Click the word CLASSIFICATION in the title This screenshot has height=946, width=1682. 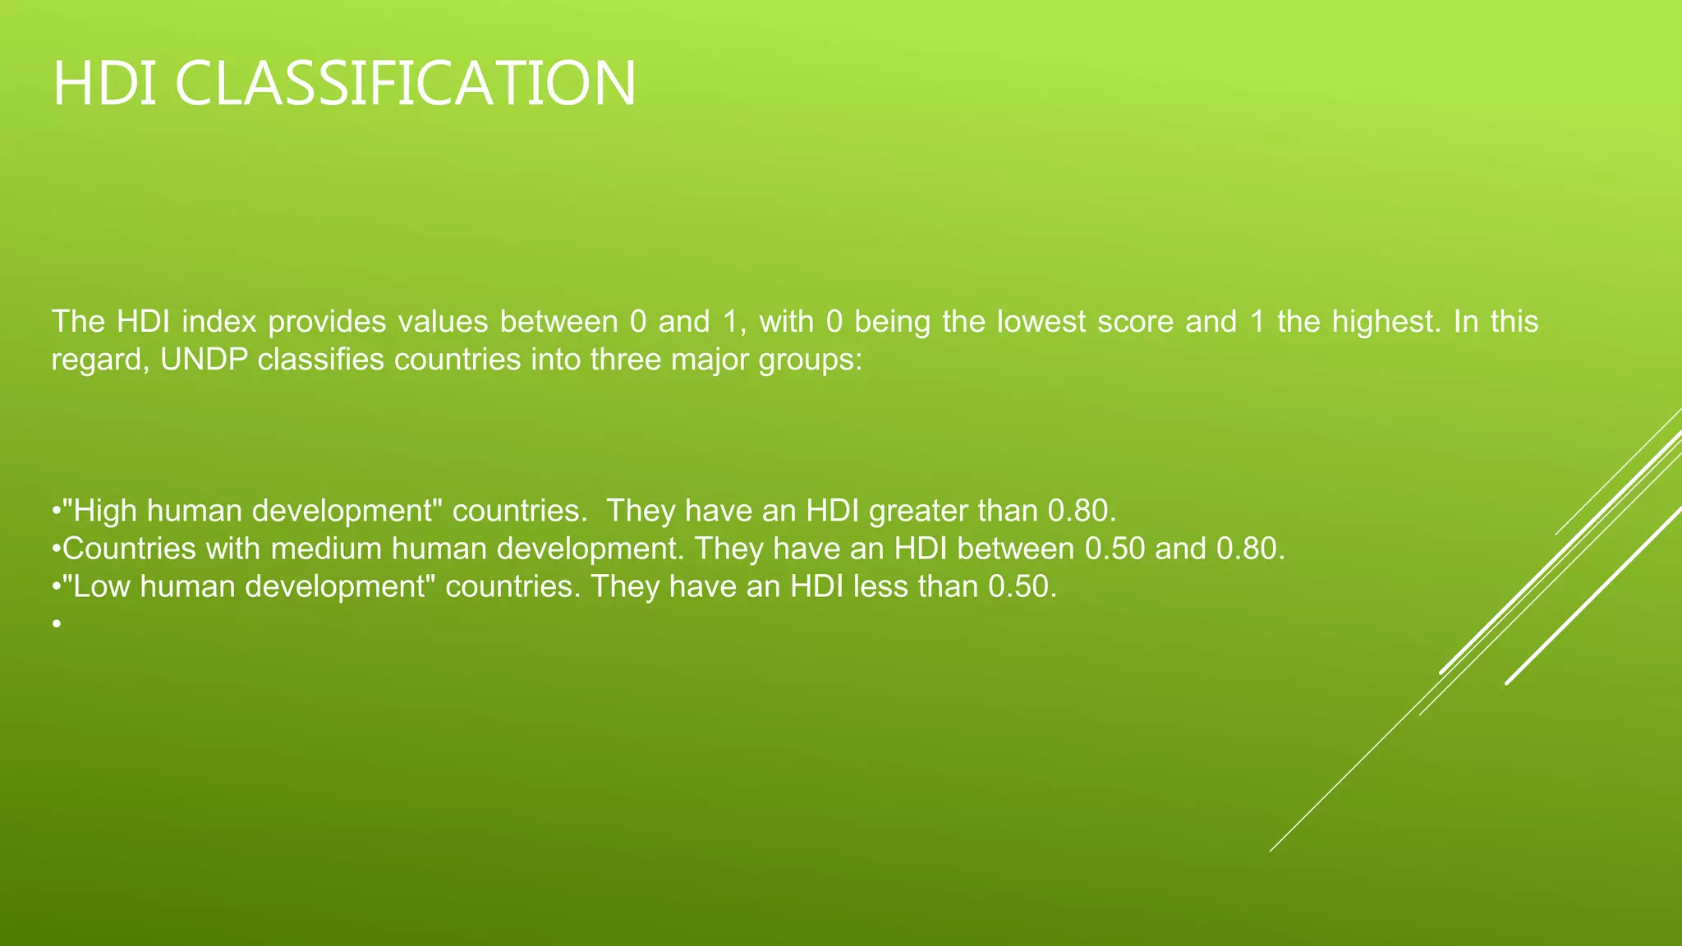coord(405,84)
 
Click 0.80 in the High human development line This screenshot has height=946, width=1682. coord(1082,512)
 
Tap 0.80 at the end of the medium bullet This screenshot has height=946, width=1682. coord(1250,549)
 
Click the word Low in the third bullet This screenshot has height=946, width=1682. coord(103,586)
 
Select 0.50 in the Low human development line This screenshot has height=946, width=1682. coord(1022,586)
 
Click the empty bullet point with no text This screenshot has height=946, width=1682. coord(56,625)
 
